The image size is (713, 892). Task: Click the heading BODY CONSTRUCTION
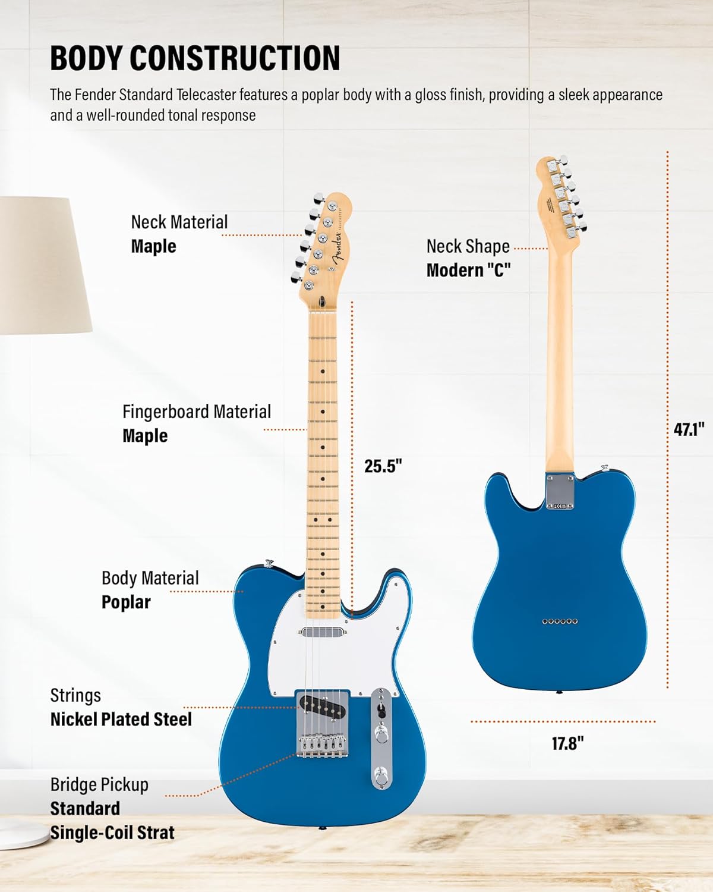[x=195, y=58]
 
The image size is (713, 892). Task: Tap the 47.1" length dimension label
[x=689, y=429]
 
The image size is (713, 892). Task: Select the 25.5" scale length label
[x=383, y=466]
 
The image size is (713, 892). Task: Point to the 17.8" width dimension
[x=567, y=743]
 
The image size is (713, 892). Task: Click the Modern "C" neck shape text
[x=468, y=270]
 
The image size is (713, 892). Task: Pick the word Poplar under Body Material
[x=126, y=602]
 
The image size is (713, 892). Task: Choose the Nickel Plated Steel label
[x=121, y=719]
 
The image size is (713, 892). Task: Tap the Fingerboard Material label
[x=196, y=412]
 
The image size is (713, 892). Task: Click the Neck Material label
[x=179, y=222]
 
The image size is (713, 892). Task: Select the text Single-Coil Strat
[x=112, y=833]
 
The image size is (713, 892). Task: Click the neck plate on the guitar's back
[x=560, y=492]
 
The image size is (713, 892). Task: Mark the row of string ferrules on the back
[x=560, y=621]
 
